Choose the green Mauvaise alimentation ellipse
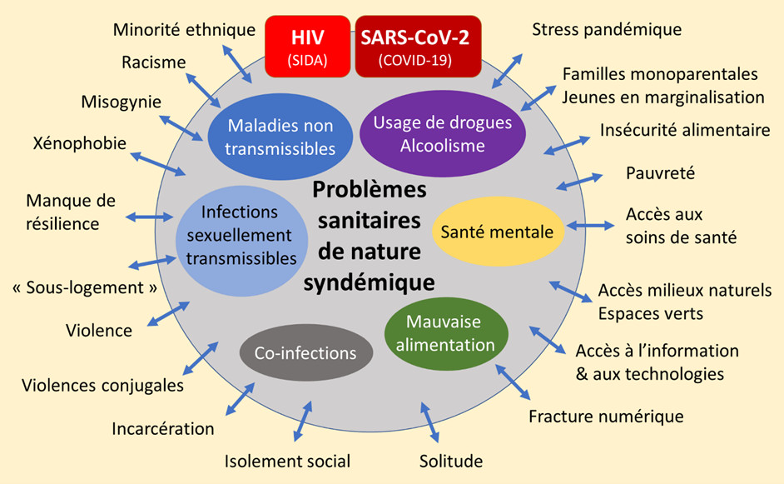[445, 332]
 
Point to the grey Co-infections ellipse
[305, 353]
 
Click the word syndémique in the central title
[369, 282]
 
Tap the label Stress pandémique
[607, 30]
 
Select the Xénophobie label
[80, 143]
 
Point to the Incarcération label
[163, 429]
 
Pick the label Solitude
[451, 461]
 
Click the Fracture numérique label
[606, 416]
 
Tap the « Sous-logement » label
[86, 287]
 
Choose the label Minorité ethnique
[184, 30]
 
